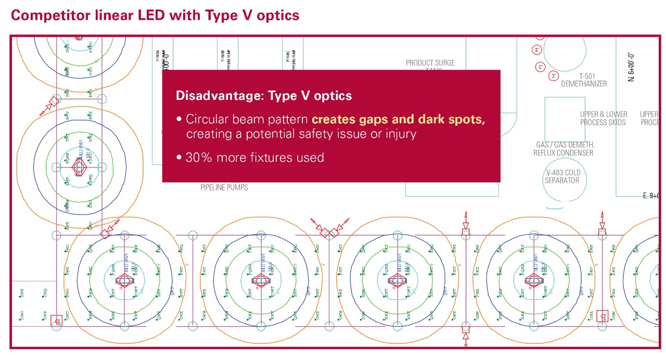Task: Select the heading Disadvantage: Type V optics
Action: point(264,96)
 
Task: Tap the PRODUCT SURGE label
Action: point(430,63)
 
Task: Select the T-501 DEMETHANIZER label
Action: point(583,80)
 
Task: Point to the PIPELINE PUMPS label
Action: point(224,187)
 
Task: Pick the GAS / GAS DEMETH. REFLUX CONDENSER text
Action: point(563,149)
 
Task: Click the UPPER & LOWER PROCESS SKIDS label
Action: point(604,118)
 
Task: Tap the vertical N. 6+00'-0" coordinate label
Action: point(631,66)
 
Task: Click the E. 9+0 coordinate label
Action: point(651,196)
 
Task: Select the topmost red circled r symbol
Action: point(536,50)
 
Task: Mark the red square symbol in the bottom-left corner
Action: point(57,321)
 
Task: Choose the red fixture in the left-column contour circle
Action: point(79,168)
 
